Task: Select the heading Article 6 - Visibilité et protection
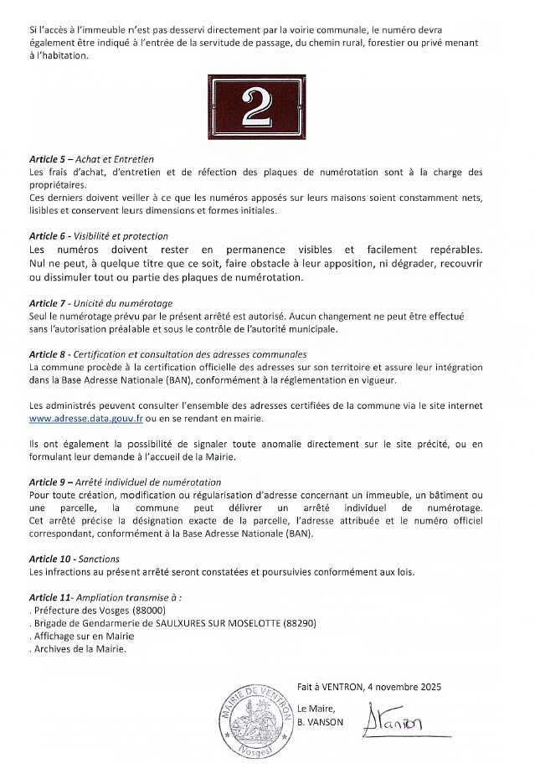98,236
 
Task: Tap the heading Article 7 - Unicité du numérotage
100,302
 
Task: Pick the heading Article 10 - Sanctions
74,558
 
